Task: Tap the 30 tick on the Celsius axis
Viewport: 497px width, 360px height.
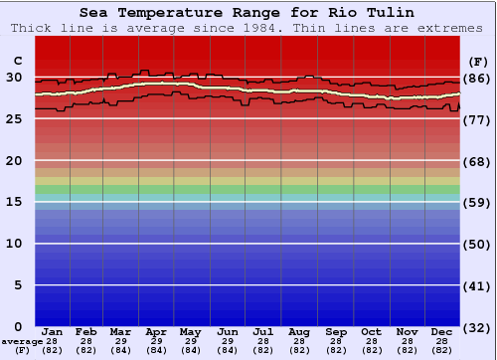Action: (x=15, y=78)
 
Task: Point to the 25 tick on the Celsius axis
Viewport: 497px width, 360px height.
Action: (x=15, y=119)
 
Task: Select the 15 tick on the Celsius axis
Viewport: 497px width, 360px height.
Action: (x=15, y=202)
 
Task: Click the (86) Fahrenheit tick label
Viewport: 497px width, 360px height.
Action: (x=477, y=79)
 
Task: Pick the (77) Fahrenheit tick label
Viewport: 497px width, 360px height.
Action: (x=477, y=120)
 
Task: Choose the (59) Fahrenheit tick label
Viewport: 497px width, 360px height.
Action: (x=477, y=203)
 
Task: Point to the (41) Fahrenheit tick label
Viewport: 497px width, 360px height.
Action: (x=477, y=285)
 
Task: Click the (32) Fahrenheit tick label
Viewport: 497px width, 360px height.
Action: (x=477, y=327)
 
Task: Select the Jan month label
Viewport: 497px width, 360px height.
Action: (x=53, y=332)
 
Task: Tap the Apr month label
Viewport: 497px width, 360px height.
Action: (x=156, y=332)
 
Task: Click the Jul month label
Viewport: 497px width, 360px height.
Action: (x=263, y=332)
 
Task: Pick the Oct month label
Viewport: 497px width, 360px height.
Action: (x=370, y=332)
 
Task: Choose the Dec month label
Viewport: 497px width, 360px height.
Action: (x=442, y=332)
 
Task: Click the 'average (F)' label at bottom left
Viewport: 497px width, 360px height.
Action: (x=22, y=345)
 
